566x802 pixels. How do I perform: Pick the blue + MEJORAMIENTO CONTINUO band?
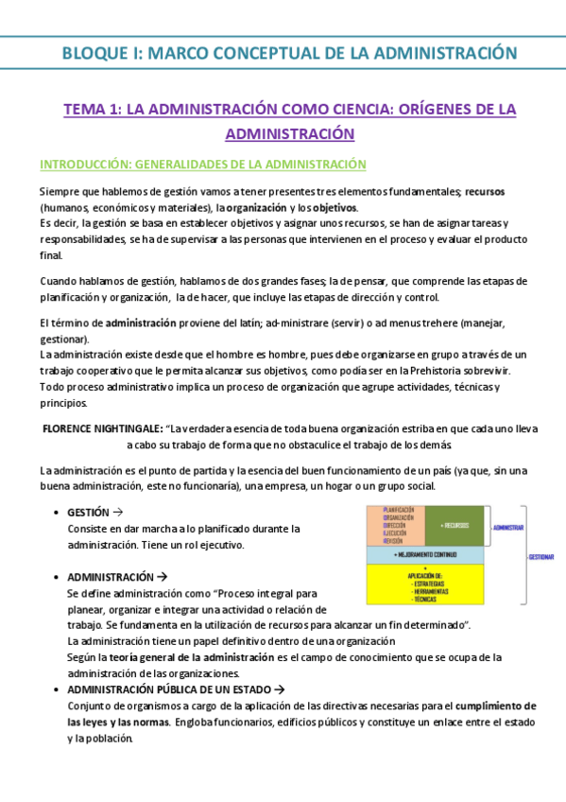coord(424,554)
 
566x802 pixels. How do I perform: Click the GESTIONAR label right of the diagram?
coord(540,557)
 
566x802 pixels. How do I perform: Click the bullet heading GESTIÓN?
coord(88,512)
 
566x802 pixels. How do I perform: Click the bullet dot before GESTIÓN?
coord(58,512)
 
